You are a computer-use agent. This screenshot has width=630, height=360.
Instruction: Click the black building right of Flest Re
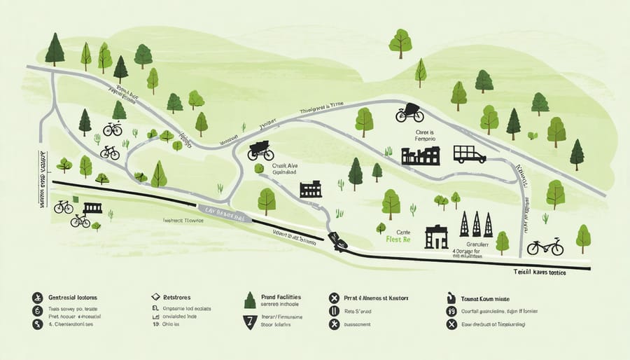click(x=436, y=237)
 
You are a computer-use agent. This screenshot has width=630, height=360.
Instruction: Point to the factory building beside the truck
click(x=420, y=155)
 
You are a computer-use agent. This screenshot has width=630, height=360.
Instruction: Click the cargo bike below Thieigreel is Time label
click(x=409, y=113)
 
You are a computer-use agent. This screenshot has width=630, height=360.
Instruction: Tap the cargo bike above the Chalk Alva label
click(x=260, y=151)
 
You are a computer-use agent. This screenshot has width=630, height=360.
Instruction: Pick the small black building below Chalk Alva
click(x=310, y=189)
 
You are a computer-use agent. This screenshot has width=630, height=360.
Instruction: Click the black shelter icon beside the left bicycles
click(x=92, y=208)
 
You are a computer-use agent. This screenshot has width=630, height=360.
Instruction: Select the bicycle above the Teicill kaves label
click(x=545, y=247)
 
